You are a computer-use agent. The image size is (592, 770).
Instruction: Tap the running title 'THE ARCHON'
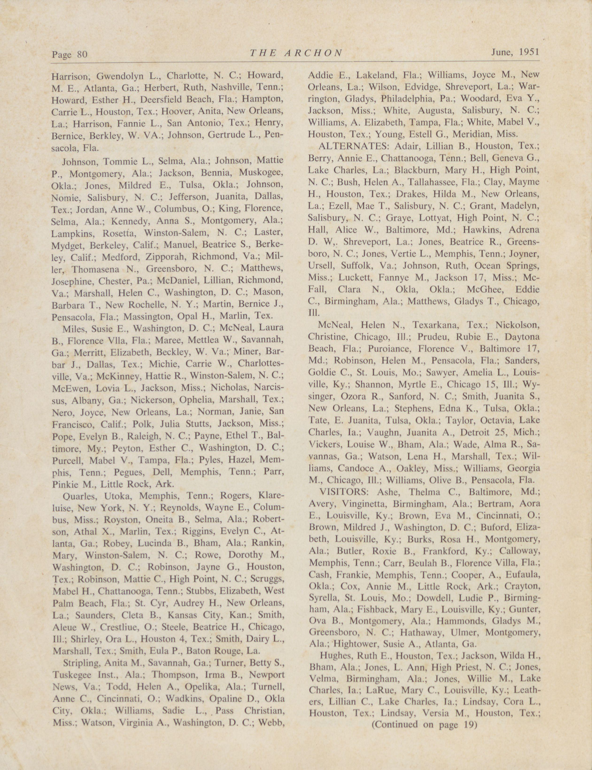pyautogui.click(x=296, y=53)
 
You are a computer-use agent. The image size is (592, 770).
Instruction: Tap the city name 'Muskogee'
pyautogui.click(x=261, y=173)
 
